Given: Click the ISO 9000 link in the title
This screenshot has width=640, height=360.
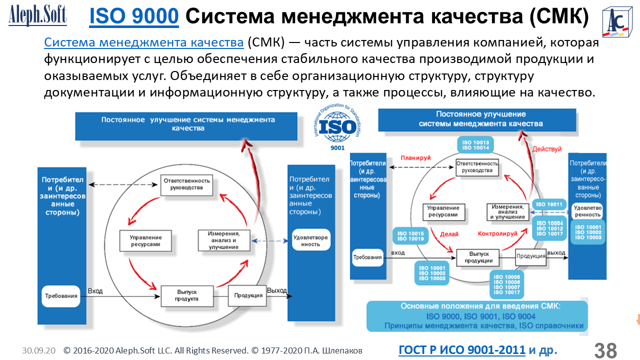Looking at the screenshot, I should pos(133,17).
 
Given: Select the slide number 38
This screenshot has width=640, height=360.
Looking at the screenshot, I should pos(605,350).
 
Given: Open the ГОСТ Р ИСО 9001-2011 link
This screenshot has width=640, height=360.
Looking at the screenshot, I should pos(461,350).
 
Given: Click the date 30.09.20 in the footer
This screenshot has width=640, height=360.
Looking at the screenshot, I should pos(38,350).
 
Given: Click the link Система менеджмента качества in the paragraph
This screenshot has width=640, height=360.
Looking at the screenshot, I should pos(144,42).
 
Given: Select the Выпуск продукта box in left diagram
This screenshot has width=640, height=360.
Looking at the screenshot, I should pos(186,295).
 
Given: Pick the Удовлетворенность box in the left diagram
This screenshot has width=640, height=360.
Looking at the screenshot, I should pos(310,241).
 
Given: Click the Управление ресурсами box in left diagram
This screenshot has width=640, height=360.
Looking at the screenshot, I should pos(145,241).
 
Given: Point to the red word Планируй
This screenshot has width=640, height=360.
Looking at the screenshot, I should pos(415,157).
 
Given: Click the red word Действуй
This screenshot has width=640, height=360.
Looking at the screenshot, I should pos(546,149).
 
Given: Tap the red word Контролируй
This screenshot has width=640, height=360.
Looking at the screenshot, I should pos(497,233).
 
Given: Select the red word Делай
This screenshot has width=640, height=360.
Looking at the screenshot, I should pos(449,233).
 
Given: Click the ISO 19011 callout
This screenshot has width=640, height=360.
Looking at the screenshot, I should pos(549,204).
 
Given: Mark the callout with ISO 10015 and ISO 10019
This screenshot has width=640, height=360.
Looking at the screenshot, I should pos(410,236).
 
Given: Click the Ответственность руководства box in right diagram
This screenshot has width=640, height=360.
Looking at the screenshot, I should pos(477,167).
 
